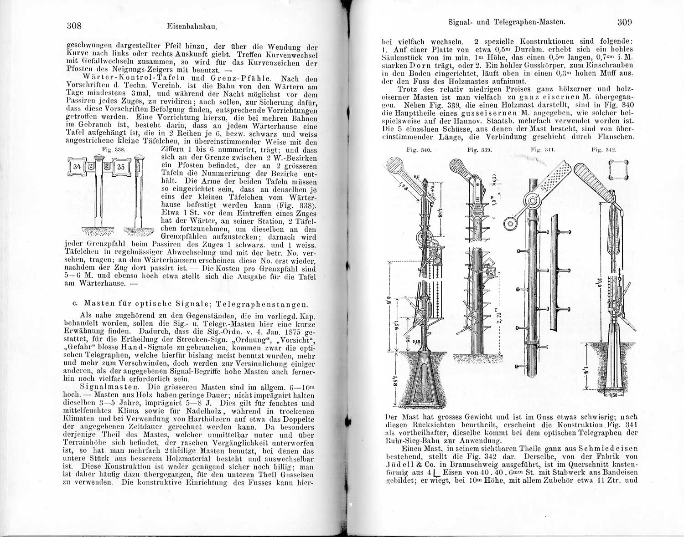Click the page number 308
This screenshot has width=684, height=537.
pyautogui.click(x=74, y=26)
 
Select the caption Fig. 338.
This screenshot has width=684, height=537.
pyautogui.click(x=110, y=149)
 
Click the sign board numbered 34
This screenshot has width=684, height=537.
pyautogui.click(x=77, y=167)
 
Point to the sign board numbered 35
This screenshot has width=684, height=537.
pyautogui.click(x=120, y=167)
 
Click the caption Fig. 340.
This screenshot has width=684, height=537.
pyautogui.click(x=418, y=149)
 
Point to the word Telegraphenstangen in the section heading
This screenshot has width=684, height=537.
pyautogui.click(x=262, y=304)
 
